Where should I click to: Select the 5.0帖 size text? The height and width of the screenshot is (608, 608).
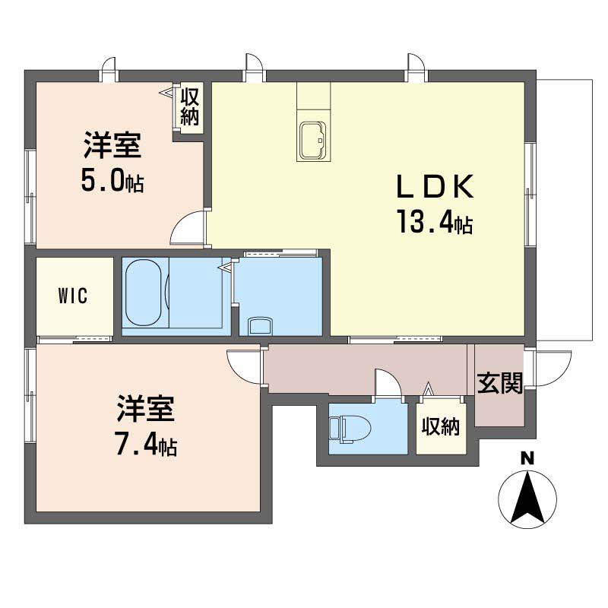(x=112, y=182)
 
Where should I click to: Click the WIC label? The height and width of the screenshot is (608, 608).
(x=73, y=296)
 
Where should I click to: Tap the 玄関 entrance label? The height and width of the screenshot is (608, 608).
(x=499, y=384)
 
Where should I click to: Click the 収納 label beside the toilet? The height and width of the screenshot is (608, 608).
(x=441, y=427)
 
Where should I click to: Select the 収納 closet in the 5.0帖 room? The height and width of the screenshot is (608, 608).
(x=189, y=107)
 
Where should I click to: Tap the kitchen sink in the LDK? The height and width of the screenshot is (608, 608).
(x=312, y=141)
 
